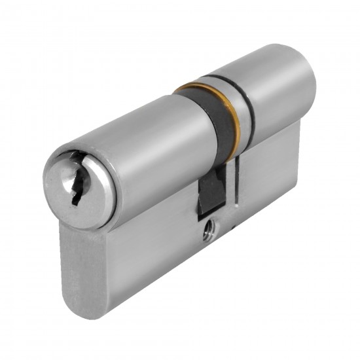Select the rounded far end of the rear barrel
[302, 79]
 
